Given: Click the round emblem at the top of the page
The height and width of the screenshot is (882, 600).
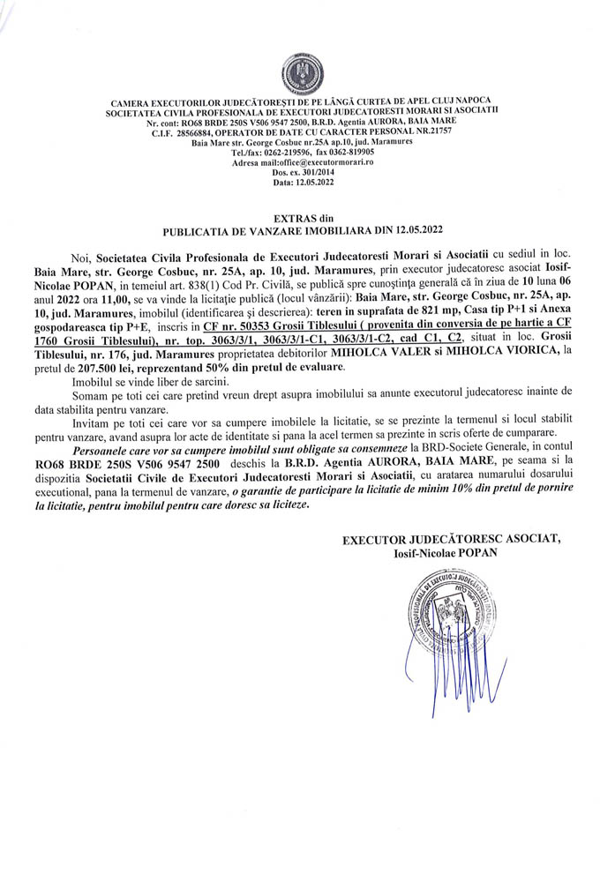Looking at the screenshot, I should (300, 71).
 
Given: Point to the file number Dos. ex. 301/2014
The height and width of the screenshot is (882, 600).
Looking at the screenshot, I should (300, 173).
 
